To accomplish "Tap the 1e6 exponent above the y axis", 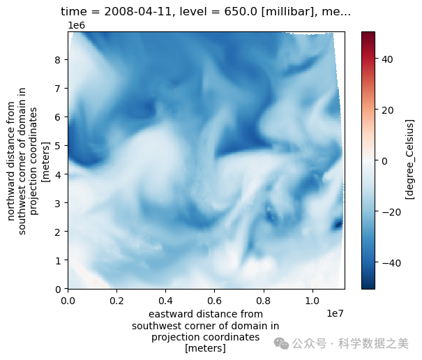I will (x=76, y=25).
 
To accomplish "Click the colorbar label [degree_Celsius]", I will (x=410, y=160).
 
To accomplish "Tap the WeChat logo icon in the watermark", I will (x=280, y=343).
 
